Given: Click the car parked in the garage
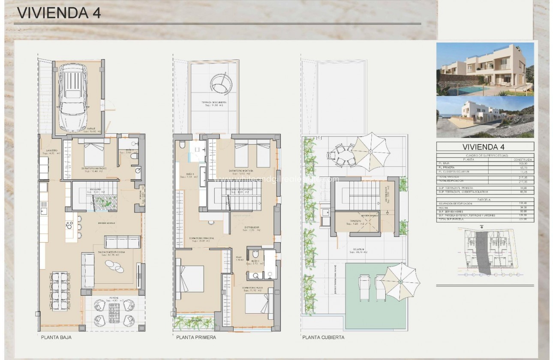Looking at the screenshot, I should (75, 98).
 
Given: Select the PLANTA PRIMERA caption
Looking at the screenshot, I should (196, 337).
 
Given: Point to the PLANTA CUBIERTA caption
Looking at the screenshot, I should (323, 337).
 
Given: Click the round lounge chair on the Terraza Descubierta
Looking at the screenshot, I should (222, 82).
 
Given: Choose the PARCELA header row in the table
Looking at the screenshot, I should (485, 199).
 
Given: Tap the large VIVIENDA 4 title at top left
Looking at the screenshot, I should (59, 13).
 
